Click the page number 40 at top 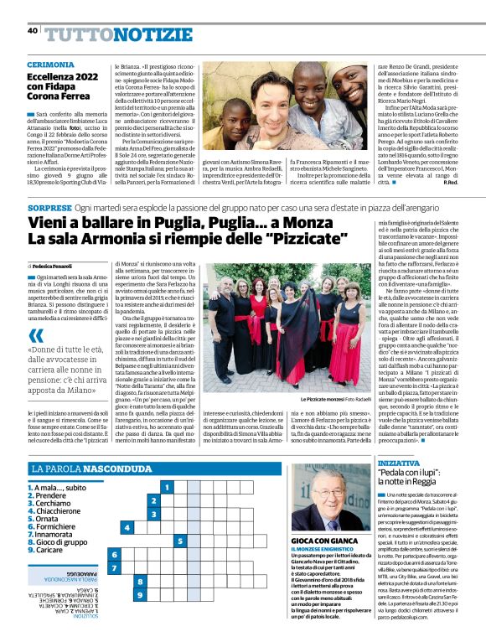click(32, 31)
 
